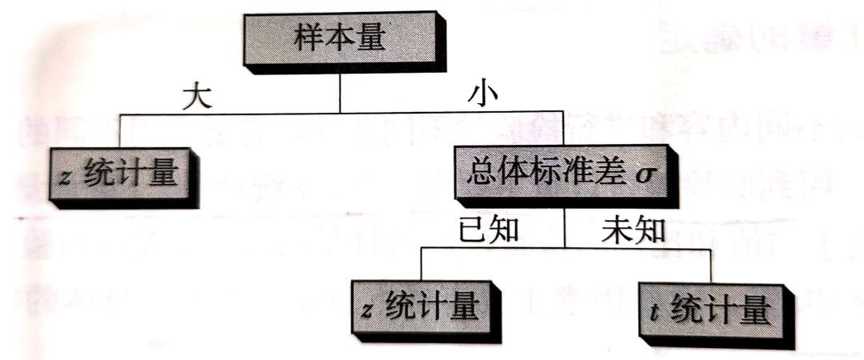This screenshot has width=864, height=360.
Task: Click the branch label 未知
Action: (x=633, y=229)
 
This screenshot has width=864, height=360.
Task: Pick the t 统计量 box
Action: (x=708, y=309)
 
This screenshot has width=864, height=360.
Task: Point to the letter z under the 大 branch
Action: (x=68, y=176)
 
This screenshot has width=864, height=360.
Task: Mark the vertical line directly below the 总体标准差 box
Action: (x=565, y=228)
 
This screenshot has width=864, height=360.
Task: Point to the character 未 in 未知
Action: (x=617, y=229)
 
